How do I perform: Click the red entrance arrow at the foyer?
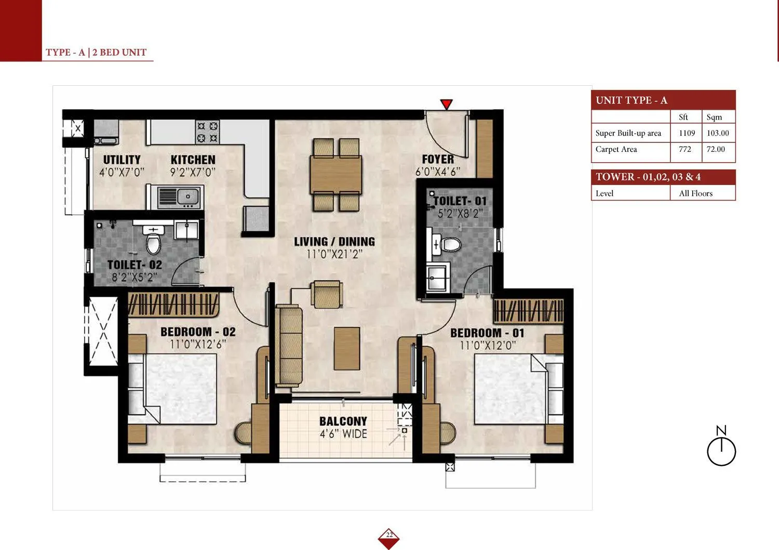446,104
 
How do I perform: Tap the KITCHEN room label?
193,160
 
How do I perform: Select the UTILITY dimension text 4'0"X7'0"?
122,172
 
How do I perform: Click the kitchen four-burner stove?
207,132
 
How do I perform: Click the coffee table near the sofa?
347,348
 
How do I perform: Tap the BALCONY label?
343,421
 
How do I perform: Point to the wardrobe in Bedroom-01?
529,311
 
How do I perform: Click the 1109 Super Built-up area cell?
687,133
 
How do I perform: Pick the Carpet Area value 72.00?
716,149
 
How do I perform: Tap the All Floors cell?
695,193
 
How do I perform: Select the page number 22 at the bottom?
389,535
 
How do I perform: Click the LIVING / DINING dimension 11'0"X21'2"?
334,254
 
